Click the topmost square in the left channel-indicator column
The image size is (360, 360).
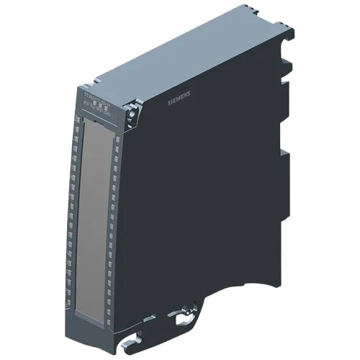[x=76, y=123]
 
